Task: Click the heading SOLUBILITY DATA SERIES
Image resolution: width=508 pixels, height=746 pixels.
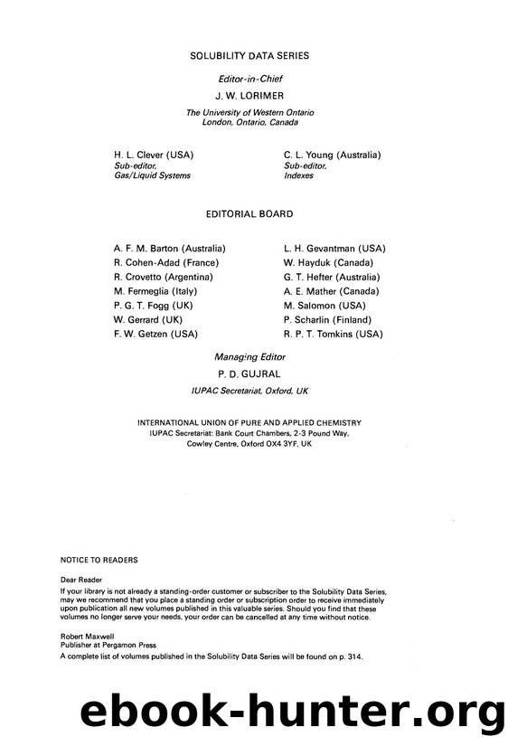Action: pyautogui.click(x=249, y=56)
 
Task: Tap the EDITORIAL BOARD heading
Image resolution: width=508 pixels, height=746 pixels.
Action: pyautogui.click(x=250, y=214)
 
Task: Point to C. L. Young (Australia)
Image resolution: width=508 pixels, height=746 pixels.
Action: pyautogui.click(x=332, y=156)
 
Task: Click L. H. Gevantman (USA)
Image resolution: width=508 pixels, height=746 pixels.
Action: pyautogui.click(x=334, y=248)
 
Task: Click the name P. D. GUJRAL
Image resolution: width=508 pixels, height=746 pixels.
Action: pyautogui.click(x=250, y=372)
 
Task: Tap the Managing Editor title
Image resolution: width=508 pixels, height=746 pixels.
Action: pyautogui.click(x=250, y=356)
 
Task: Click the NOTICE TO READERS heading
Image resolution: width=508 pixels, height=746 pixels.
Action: pyautogui.click(x=99, y=561)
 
